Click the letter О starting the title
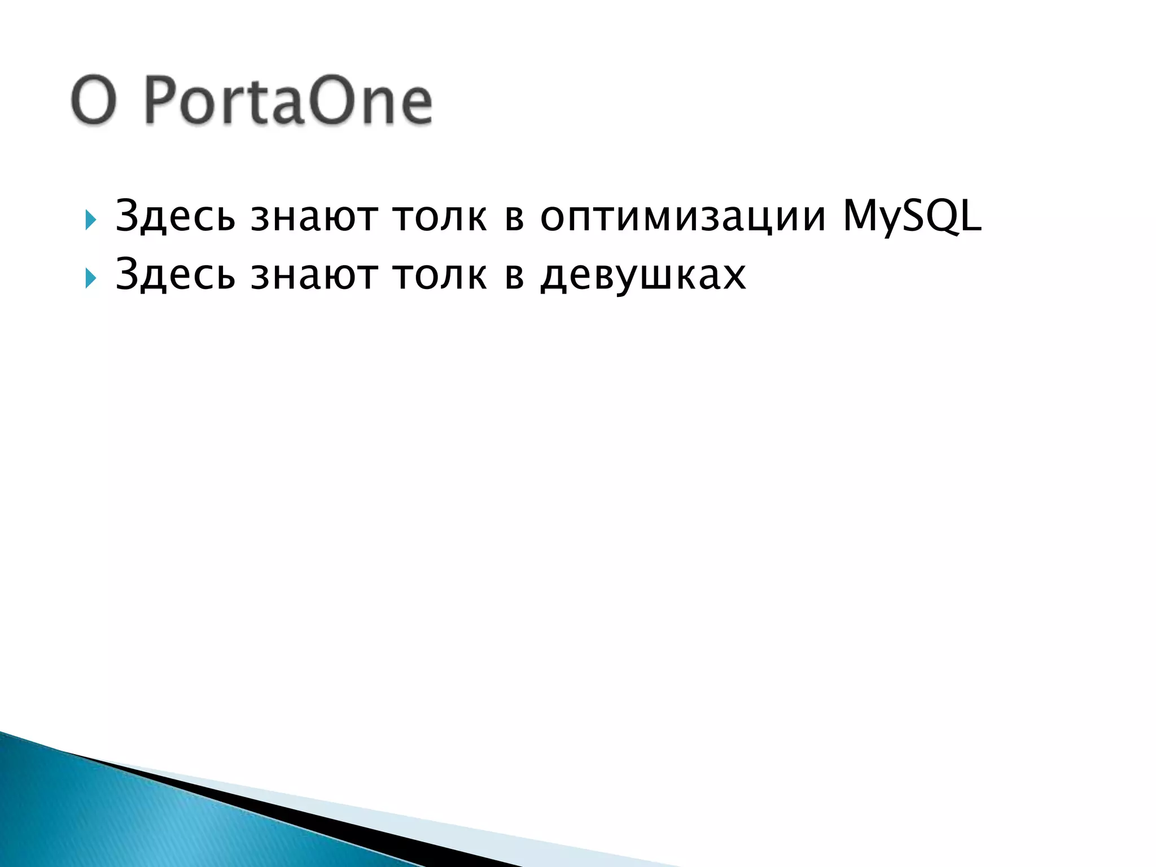click(94, 100)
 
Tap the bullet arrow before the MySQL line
click(90, 220)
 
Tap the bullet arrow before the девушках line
click(90, 278)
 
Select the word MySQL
click(912, 217)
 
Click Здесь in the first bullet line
click(175, 217)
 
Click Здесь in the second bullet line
click(175, 275)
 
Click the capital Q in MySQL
click(939, 216)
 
